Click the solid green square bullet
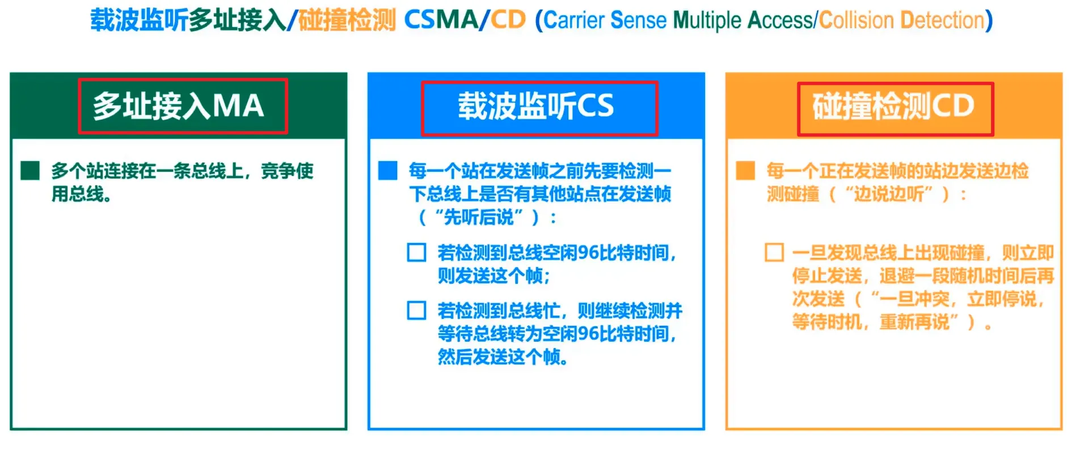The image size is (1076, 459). pos(30,171)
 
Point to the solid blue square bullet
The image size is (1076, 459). pos(388,171)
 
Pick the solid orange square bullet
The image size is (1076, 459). pos(745,171)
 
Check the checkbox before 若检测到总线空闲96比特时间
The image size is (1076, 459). pos(417,252)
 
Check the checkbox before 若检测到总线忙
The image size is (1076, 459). pos(417,311)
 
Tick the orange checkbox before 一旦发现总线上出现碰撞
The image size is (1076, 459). pos(774,252)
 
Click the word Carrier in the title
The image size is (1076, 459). pos(574,20)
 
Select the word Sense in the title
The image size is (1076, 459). pos(638,20)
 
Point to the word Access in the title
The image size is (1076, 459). pos(780,20)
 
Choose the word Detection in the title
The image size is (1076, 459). pos(943,20)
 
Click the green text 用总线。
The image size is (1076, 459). pos(82,194)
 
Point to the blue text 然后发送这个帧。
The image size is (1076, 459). pos(503,357)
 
